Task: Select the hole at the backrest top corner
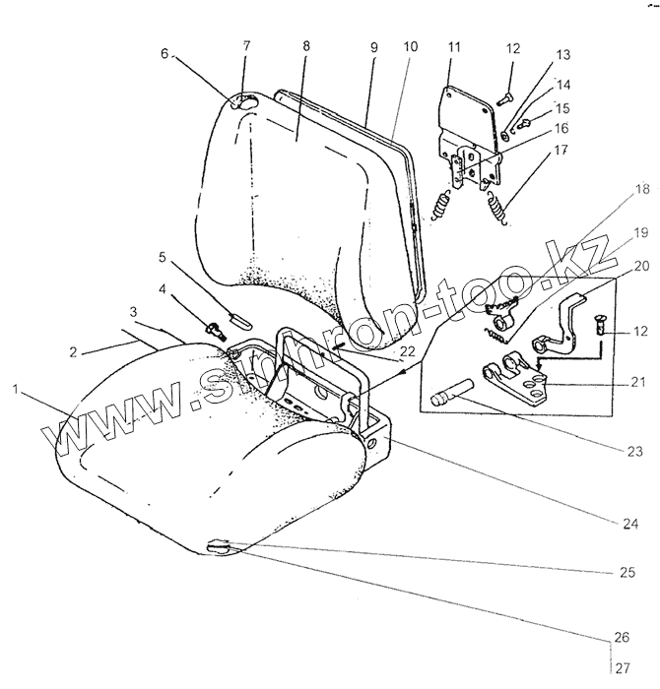click(242, 102)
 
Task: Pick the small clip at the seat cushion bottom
click(221, 547)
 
